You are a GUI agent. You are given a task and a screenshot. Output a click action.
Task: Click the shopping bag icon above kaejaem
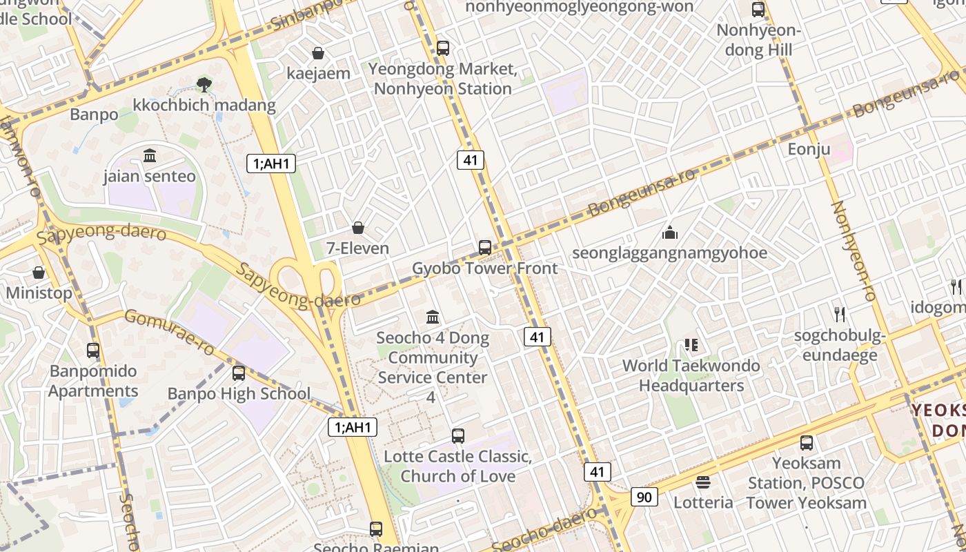[x=318, y=53]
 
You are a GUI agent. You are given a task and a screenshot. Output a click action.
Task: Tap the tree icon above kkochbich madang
[x=204, y=85]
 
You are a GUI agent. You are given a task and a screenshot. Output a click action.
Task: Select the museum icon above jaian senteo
[x=150, y=156]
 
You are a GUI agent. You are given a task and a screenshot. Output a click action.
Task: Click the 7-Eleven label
[x=357, y=248]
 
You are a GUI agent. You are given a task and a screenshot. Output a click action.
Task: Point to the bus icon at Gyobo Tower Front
[x=485, y=248]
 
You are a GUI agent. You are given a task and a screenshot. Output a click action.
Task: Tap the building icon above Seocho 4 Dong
[x=433, y=317]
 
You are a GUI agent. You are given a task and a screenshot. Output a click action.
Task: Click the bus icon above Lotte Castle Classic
[x=458, y=436]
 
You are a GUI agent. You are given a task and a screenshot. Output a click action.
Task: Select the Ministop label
[x=39, y=293]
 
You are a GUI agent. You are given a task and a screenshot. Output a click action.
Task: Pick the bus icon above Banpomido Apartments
[x=93, y=351]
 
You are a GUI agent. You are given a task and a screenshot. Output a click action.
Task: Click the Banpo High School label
[x=239, y=394]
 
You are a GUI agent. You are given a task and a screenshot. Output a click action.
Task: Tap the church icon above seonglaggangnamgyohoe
[x=669, y=233]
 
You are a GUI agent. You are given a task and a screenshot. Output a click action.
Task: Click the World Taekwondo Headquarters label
[x=691, y=375]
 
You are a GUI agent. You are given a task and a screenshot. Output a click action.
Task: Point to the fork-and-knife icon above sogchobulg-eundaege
[x=839, y=315]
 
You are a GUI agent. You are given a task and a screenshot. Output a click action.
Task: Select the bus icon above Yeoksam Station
[x=807, y=443]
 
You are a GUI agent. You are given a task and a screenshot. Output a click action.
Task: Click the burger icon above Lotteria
[x=703, y=482]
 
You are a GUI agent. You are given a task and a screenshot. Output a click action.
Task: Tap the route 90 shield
[x=644, y=497]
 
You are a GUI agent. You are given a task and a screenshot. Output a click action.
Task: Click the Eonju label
[x=809, y=150]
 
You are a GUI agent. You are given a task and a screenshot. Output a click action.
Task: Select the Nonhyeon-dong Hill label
[x=758, y=40]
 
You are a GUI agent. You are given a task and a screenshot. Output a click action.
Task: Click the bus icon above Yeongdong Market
[x=443, y=48]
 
